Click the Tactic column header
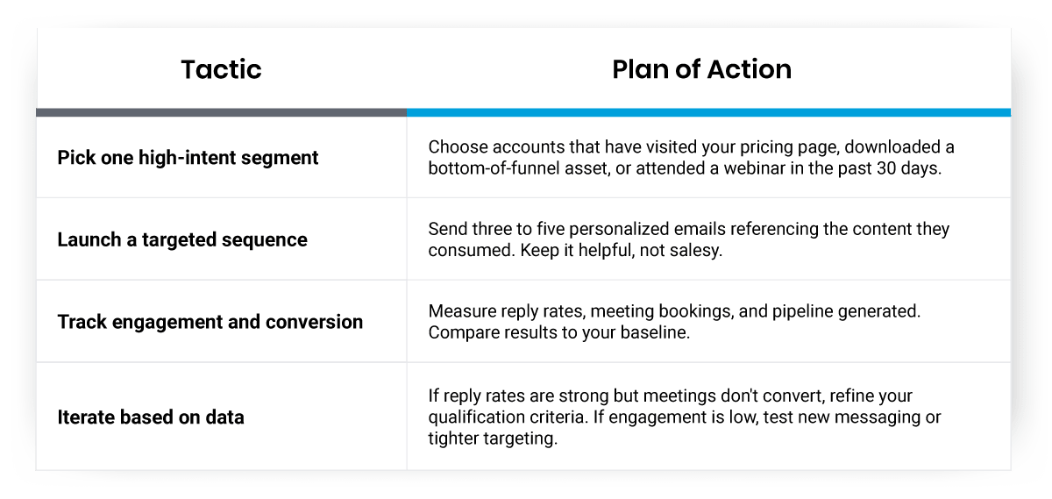[221, 70]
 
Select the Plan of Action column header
[701, 70]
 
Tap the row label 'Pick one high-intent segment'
[188, 158]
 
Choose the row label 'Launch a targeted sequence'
[182, 239]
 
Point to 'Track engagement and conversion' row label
[210, 322]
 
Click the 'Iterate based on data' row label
[151, 417]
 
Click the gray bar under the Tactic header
[221, 112]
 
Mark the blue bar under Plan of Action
[708, 112]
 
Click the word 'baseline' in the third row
[659, 333]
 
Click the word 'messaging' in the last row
[879, 417]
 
